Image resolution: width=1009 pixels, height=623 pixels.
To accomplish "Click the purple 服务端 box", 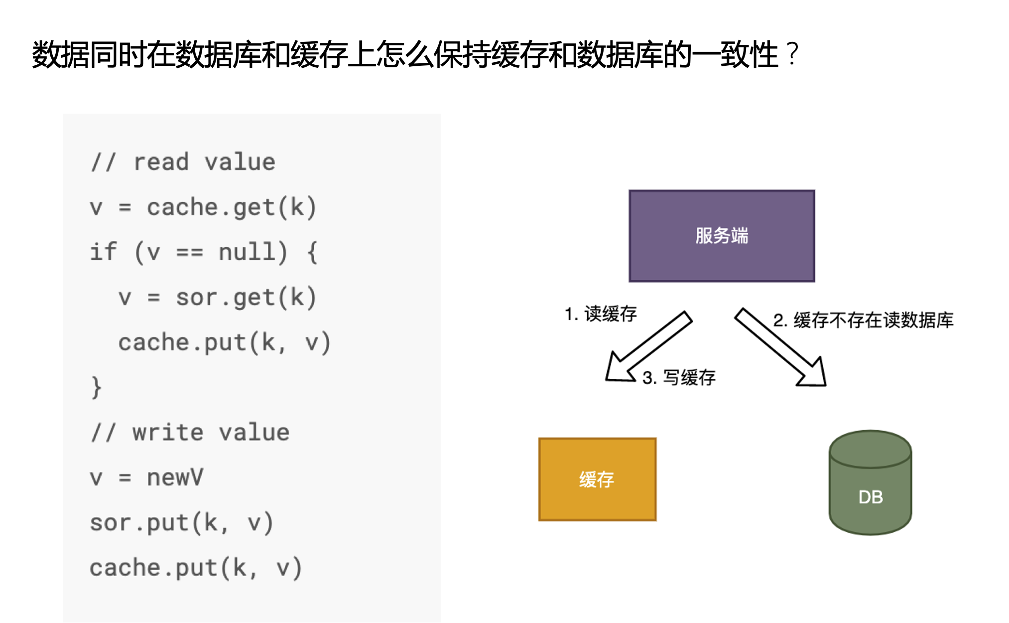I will click(721, 236).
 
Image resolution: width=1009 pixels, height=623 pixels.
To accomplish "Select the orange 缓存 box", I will click(597, 479).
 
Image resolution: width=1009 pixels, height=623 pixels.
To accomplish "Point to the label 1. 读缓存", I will click(601, 314).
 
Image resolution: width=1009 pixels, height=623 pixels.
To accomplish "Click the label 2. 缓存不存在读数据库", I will click(863, 320).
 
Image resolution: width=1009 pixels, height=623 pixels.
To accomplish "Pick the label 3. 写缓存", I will click(679, 378).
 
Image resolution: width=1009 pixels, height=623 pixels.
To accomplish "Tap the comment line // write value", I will click(190, 432).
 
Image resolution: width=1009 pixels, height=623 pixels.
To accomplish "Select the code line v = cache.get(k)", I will click(203, 207).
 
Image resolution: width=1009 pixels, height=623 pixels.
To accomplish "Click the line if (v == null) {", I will click(203, 252).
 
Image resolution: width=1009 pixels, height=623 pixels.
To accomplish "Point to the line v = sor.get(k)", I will click(217, 298).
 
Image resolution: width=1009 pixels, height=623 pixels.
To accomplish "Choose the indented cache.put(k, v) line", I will click(224, 342).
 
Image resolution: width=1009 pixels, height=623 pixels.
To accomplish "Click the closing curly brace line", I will click(96, 387).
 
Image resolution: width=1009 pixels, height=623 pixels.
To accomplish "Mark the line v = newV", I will click(146, 477).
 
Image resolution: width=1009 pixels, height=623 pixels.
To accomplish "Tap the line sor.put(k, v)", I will click(181, 523).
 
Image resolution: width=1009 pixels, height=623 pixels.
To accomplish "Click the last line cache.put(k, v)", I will click(196, 568).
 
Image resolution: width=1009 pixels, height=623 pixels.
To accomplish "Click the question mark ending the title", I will click(792, 54).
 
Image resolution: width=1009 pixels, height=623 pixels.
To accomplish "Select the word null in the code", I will click(247, 252).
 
